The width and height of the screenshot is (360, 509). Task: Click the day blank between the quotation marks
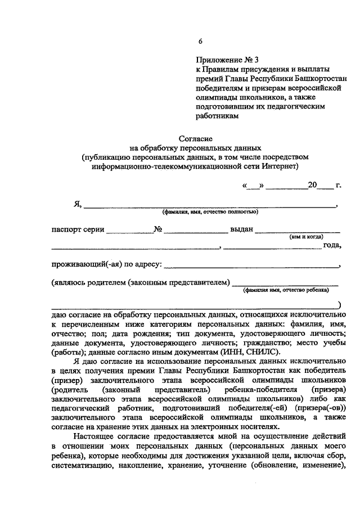coord(252,185)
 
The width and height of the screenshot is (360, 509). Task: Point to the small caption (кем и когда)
coord(305,237)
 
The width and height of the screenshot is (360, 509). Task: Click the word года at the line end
coord(332,245)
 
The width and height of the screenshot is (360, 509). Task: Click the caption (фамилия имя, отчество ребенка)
coord(286,290)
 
